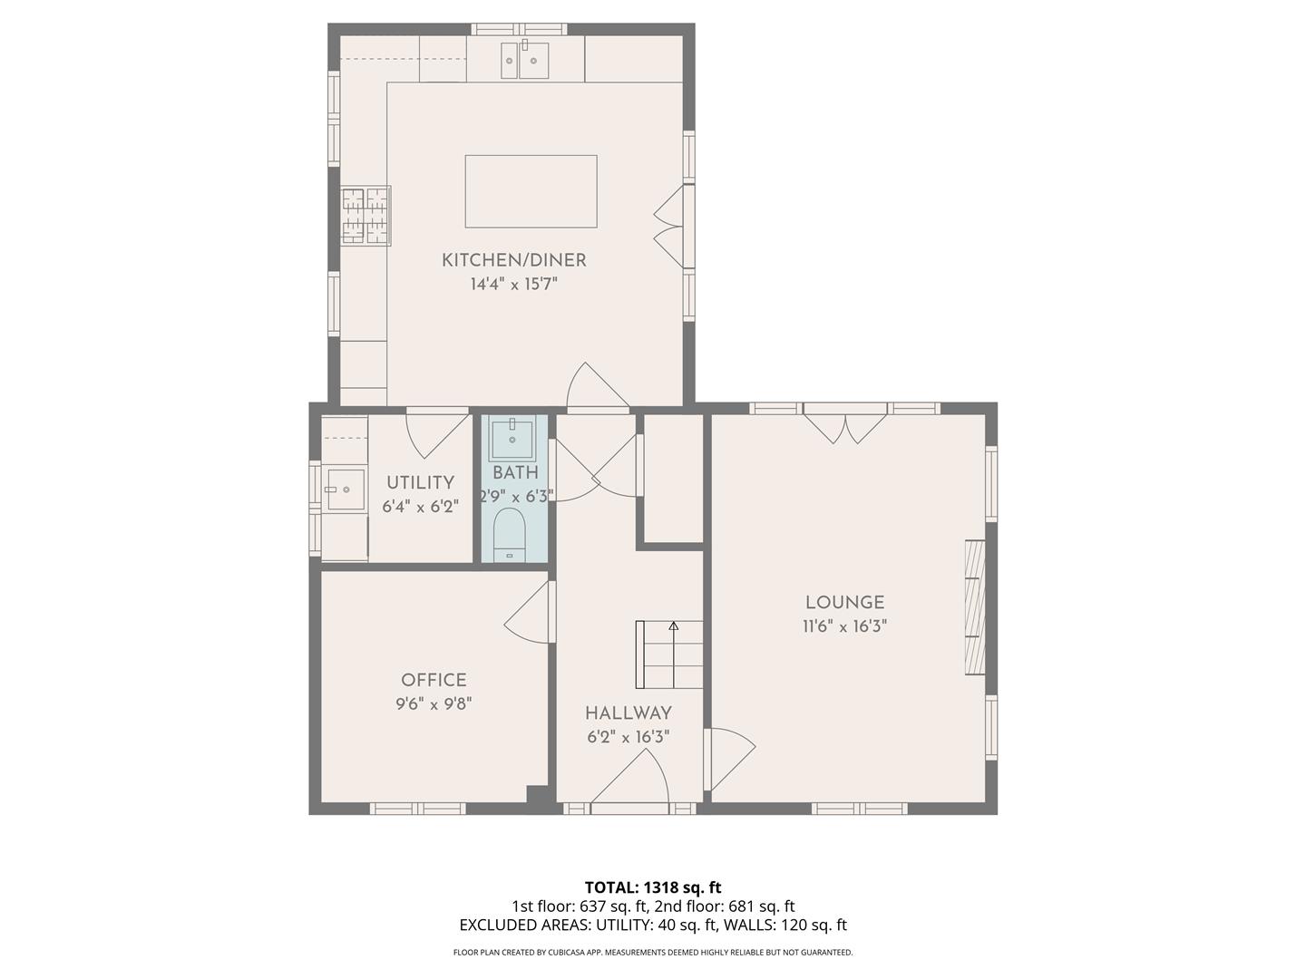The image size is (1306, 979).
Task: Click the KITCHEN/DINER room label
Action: pos(513,260)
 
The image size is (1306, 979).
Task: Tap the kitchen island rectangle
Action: pos(531,191)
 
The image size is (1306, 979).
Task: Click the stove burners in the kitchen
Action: pos(365,216)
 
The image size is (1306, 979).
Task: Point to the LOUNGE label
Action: pos(844,602)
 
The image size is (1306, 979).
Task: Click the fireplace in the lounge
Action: pos(975,607)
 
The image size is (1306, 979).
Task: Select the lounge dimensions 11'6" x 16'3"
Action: pos(844,626)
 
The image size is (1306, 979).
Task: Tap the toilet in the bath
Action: pos(509,536)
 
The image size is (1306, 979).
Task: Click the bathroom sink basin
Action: pos(512,439)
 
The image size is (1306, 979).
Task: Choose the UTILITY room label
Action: pos(420,482)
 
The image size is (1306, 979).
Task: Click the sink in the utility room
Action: pos(345,489)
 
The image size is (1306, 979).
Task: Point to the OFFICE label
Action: pos(434,680)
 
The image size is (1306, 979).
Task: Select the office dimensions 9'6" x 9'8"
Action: pos(434,703)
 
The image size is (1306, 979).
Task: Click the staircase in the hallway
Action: pos(670,654)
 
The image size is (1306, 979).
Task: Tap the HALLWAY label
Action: pos(628,712)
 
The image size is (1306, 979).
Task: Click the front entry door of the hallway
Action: pos(630,781)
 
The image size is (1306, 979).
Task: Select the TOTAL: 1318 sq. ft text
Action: pos(652,887)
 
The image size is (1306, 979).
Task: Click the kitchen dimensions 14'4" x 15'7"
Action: pos(513,285)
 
